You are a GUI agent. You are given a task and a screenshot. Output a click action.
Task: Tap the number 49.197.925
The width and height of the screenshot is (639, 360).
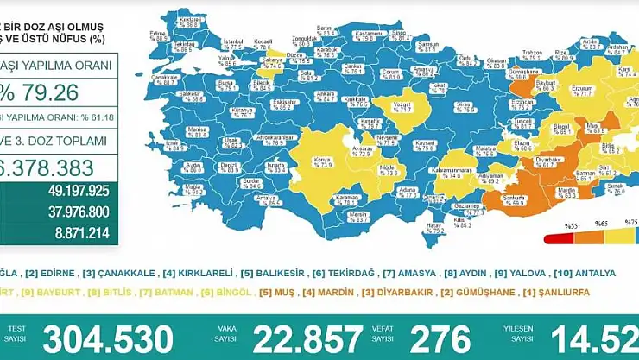pyautogui.click(x=78, y=190)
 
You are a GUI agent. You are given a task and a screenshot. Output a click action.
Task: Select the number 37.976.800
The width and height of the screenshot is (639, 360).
pyautogui.click(x=78, y=212)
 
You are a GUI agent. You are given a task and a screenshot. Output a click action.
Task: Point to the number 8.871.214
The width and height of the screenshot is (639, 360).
pyautogui.click(x=83, y=232)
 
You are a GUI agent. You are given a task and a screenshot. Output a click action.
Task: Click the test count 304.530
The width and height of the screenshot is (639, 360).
pyautogui.click(x=108, y=338)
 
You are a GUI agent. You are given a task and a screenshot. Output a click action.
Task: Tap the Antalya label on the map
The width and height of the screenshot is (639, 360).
pyautogui.click(x=255, y=199)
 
